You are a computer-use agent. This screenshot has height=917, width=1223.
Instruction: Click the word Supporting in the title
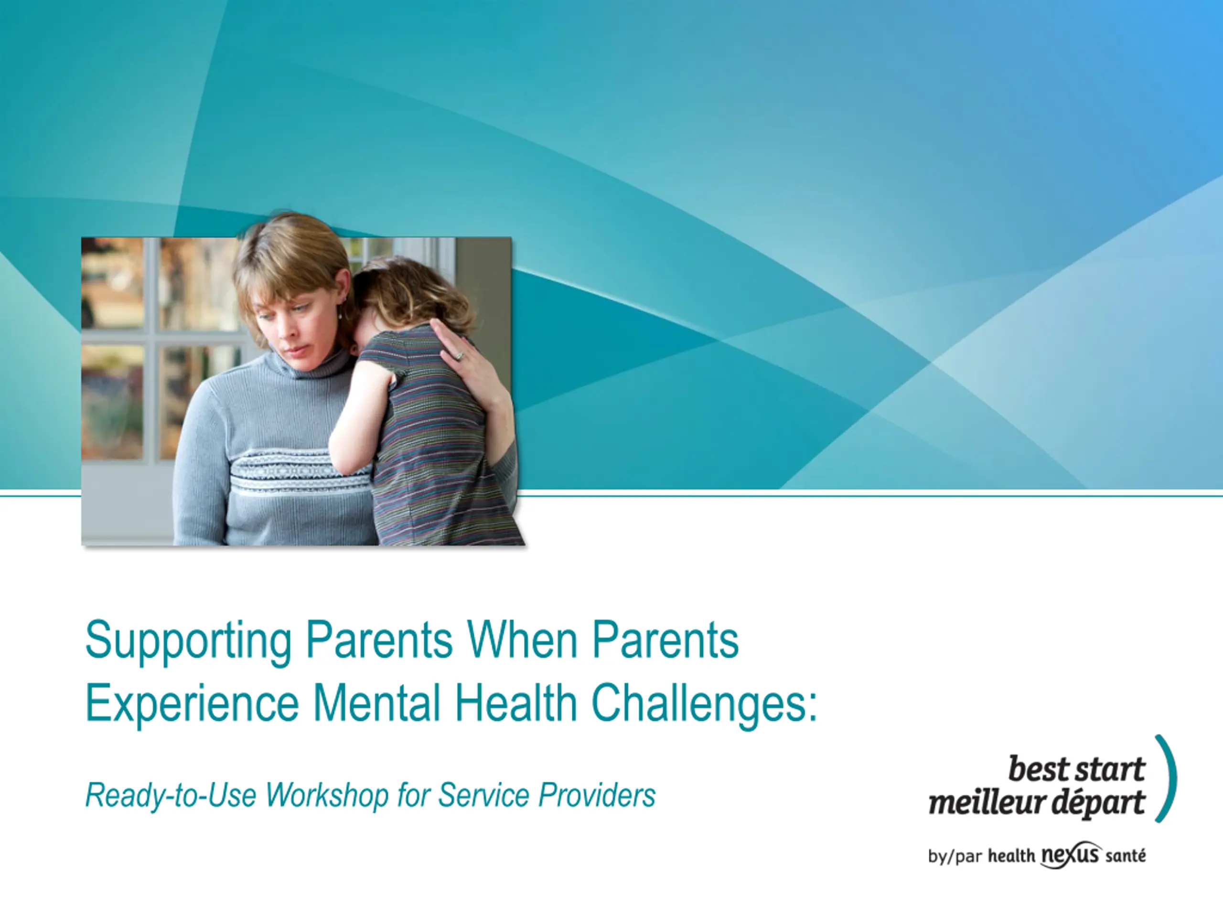[188, 641]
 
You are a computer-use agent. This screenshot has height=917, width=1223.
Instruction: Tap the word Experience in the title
[193, 704]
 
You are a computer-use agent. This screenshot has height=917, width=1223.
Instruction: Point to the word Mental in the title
[377, 703]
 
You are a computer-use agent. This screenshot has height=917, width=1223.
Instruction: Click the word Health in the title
[516, 703]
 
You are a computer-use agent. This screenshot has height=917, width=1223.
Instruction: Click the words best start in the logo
[1076, 769]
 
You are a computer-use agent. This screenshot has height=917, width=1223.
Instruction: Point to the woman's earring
[340, 315]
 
